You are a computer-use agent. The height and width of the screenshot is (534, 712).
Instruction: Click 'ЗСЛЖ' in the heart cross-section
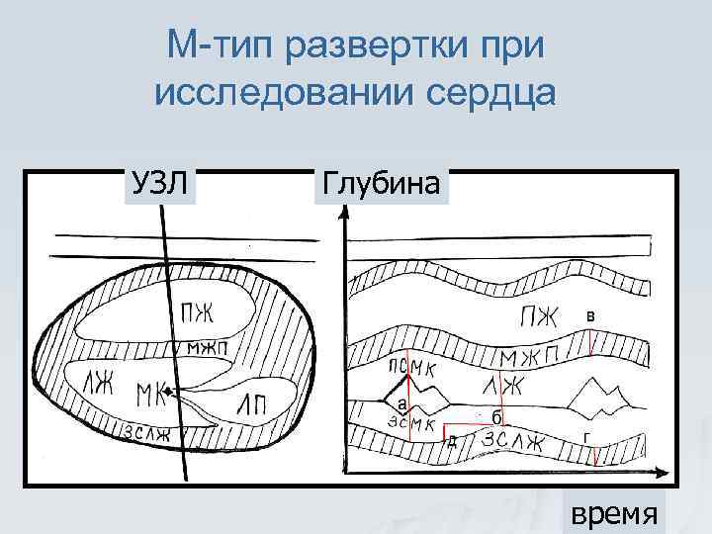click(x=147, y=432)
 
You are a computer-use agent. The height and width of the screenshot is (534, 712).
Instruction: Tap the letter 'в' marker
click(x=590, y=315)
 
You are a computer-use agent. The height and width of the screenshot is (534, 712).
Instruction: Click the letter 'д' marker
click(x=452, y=440)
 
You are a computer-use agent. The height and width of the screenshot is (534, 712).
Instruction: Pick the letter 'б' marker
click(x=494, y=416)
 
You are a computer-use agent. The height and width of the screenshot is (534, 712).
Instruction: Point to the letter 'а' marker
click(x=401, y=404)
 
